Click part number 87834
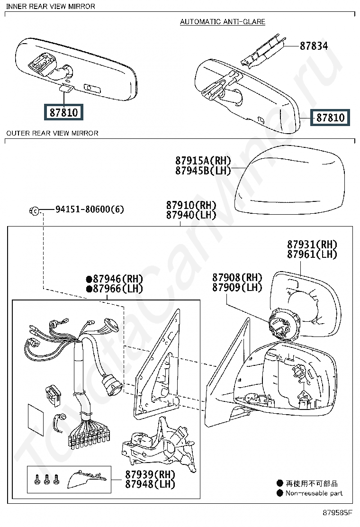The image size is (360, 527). click(313, 46)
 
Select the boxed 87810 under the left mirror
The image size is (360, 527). click(63, 112)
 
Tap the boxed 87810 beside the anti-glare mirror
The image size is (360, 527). click(330, 117)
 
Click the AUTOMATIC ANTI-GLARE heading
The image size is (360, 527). click(223, 22)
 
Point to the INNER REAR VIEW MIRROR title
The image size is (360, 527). click(51, 6)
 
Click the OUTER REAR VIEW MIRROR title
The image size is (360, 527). click(52, 133)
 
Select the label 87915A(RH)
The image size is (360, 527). click(203, 161)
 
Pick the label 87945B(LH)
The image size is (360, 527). click(203, 171)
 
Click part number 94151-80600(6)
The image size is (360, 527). click(90, 209)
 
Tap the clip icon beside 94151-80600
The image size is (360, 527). click(35, 209)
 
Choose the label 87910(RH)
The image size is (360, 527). click(191, 205)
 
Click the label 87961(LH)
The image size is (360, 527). click(312, 254)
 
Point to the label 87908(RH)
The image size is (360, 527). click(237, 278)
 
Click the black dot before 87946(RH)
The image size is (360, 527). click(89, 279)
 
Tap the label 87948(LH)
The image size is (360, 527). click(150, 484)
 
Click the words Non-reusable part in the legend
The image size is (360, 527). click(314, 493)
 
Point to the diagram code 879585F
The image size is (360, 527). click(338, 512)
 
